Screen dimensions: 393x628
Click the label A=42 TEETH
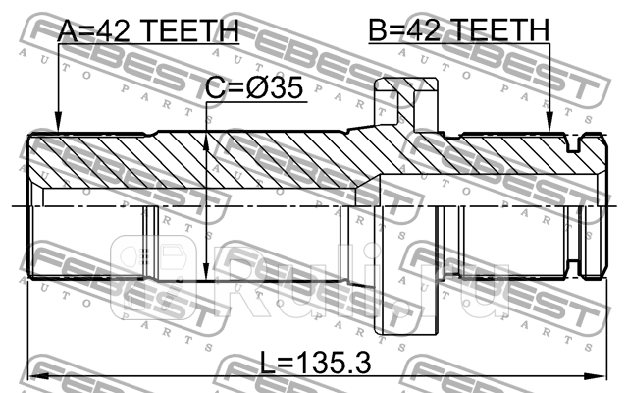click(x=147, y=31)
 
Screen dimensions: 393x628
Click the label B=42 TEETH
click(x=458, y=31)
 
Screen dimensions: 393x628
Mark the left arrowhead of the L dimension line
click(x=34, y=375)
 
